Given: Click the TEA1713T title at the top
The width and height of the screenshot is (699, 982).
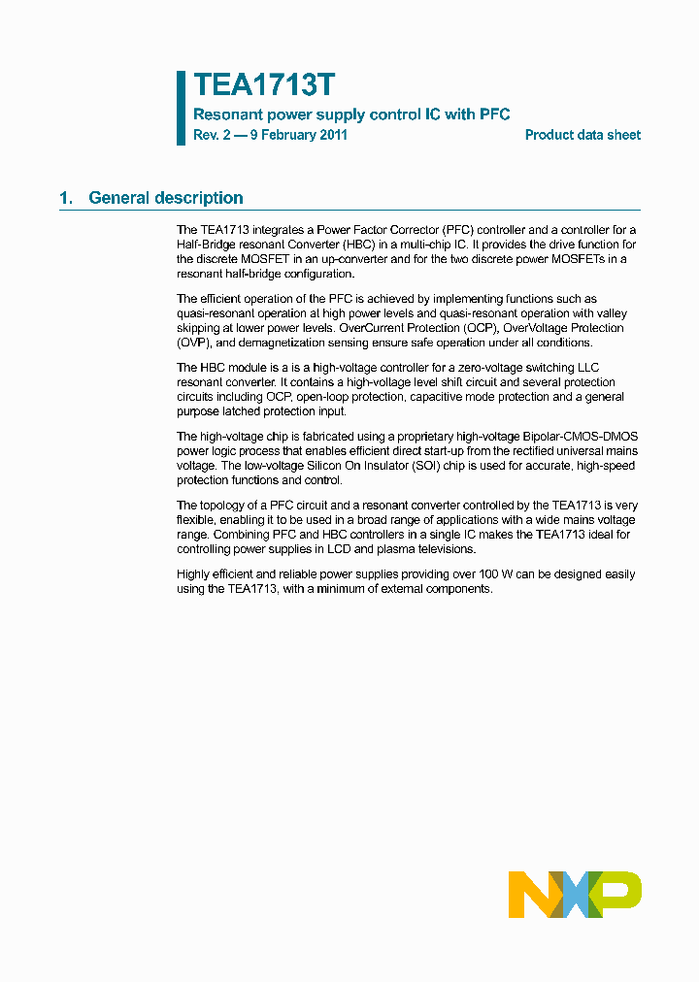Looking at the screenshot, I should click(264, 85).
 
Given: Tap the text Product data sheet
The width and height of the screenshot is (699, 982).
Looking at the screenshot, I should click(582, 135).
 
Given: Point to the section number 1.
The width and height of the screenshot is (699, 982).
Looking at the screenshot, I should click(66, 198).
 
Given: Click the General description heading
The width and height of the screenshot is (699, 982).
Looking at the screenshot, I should click(166, 198).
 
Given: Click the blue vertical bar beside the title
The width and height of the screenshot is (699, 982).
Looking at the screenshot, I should click(181, 108).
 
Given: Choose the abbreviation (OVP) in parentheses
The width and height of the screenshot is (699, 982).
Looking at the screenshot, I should click(194, 343).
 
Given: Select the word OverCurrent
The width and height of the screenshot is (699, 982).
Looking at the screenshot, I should click(373, 328).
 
